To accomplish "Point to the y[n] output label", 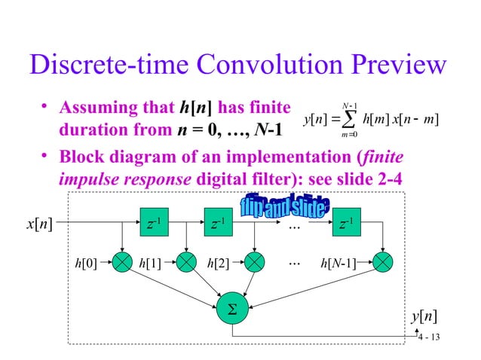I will (x=426, y=316).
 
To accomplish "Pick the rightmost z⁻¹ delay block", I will (x=348, y=223).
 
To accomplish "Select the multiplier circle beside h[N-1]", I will (x=383, y=263).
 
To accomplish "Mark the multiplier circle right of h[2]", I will (x=255, y=263).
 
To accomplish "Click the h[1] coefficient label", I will (x=151, y=263).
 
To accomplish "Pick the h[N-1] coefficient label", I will (x=339, y=263).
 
